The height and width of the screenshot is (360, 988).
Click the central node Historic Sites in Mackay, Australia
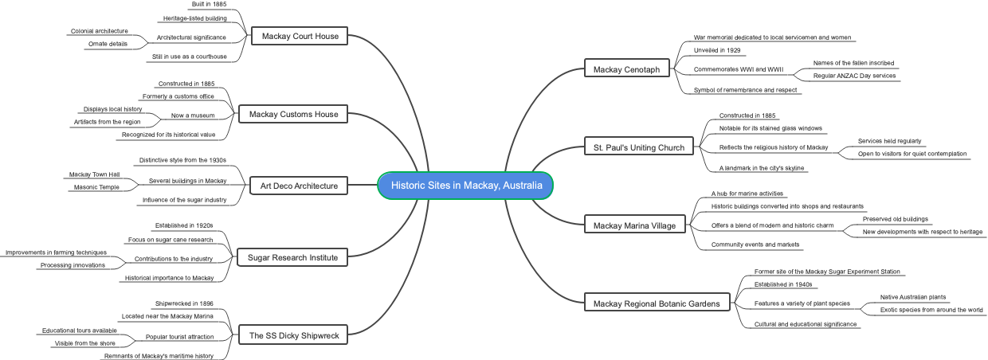(x=466, y=186)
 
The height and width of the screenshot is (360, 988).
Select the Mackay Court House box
(x=300, y=36)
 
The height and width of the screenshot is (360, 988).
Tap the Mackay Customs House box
(x=293, y=115)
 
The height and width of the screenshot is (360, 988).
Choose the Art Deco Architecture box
(x=299, y=186)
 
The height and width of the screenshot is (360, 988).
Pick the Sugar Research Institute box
(x=292, y=257)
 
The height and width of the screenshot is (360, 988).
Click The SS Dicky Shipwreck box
(x=293, y=336)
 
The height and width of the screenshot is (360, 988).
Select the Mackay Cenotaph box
(x=626, y=69)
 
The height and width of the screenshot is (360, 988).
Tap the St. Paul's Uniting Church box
(x=638, y=147)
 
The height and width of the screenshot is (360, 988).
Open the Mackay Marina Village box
(x=634, y=225)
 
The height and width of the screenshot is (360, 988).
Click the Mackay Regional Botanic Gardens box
(x=657, y=303)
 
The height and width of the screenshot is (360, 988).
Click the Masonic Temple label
(x=96, y=187)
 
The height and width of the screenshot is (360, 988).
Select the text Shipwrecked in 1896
(x=184, y=303)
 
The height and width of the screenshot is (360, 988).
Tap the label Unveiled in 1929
(x=718, y=50)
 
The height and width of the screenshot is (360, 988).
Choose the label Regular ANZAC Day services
(x=854, y=76)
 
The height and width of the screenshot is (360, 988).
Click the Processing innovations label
(x=73, y=265)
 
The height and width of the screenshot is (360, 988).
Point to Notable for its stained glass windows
(x=770, y=128)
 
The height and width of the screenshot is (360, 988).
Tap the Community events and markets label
(x=755, y=245)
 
